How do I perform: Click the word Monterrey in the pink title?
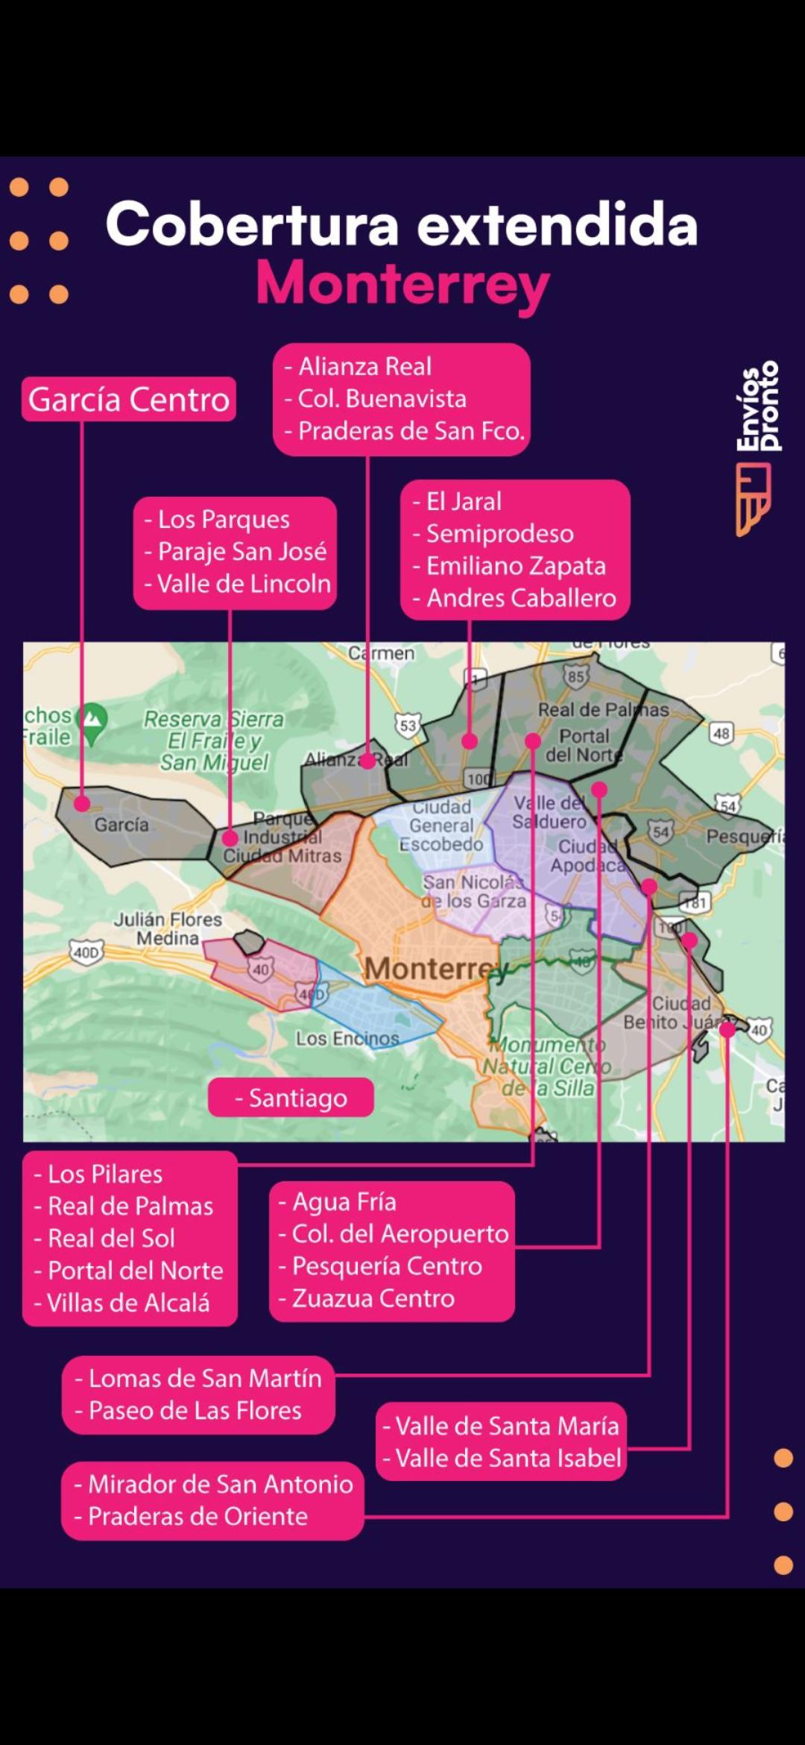coord(402,284)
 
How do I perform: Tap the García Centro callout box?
coord(129,400)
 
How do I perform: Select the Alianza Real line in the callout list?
coord(364,367)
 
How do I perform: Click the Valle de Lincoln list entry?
coord(244,583)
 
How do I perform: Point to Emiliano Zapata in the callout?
coord(516,566)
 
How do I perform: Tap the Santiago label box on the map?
coord(291,1098)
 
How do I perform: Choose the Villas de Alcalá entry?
coord(128,1303)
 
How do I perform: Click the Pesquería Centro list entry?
coord(387,1265)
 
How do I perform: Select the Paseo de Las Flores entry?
coord(195,1410)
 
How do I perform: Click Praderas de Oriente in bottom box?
coord(198,1516)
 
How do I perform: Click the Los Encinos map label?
coord(347,1038)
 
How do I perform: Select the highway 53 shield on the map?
coord(408,726)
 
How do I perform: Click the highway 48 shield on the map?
coord(721,733)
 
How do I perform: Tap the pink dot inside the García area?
coord(82,804)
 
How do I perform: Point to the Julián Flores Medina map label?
coord(168,928)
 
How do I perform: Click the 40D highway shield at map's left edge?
coord(86,952)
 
